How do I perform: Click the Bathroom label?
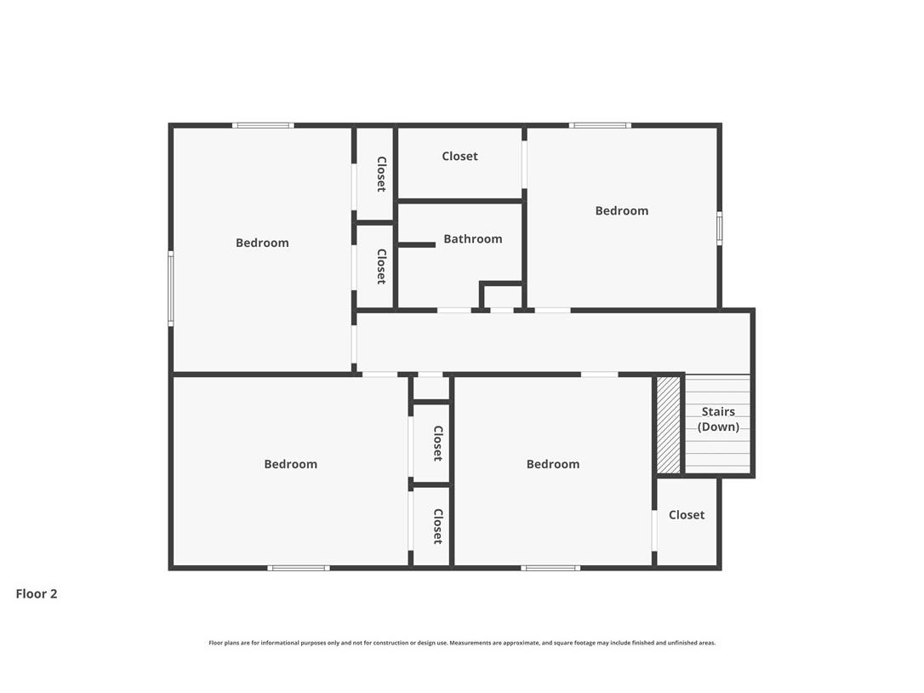(x=472, y=239)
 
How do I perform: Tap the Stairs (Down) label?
(x=718, y=420)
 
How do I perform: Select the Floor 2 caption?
(x=37, y=594)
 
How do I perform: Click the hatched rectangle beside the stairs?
(x=669, y=424)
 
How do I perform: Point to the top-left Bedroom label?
(x=262, y=243)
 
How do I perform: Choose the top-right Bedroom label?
(x=621, y=211)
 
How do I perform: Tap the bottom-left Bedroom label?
(x=290, y=465)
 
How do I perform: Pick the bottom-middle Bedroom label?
(x=552, y=465)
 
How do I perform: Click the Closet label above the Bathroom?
(x=459, y=157)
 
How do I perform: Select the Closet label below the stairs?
(x=686, y=515)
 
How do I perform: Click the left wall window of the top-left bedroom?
(x=171, y=289)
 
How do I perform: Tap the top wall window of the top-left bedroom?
(x=263, y=125)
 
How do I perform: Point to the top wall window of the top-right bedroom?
(x=600, y=125)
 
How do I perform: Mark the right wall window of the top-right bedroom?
(x=719, y=228)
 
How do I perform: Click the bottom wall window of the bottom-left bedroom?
(x=298, y=568)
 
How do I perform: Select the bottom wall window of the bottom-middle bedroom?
(x=550, y=568)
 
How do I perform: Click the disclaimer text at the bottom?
(x=462, y=643)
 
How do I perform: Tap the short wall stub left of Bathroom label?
(x=417, y=245)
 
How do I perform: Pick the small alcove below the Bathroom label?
(x=502, y=297)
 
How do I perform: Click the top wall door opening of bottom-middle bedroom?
(x=599, y=374)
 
